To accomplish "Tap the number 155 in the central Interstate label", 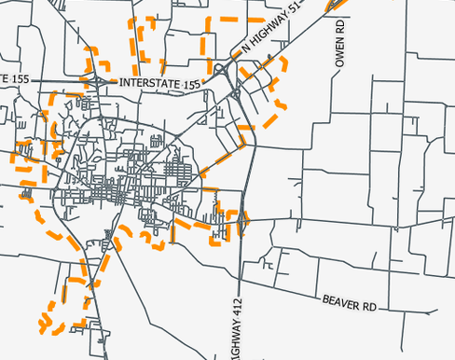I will point(191,84).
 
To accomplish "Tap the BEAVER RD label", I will point(349,304).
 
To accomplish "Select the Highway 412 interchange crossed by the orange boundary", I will point(242,220).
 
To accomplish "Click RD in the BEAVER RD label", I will point(368,306).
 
